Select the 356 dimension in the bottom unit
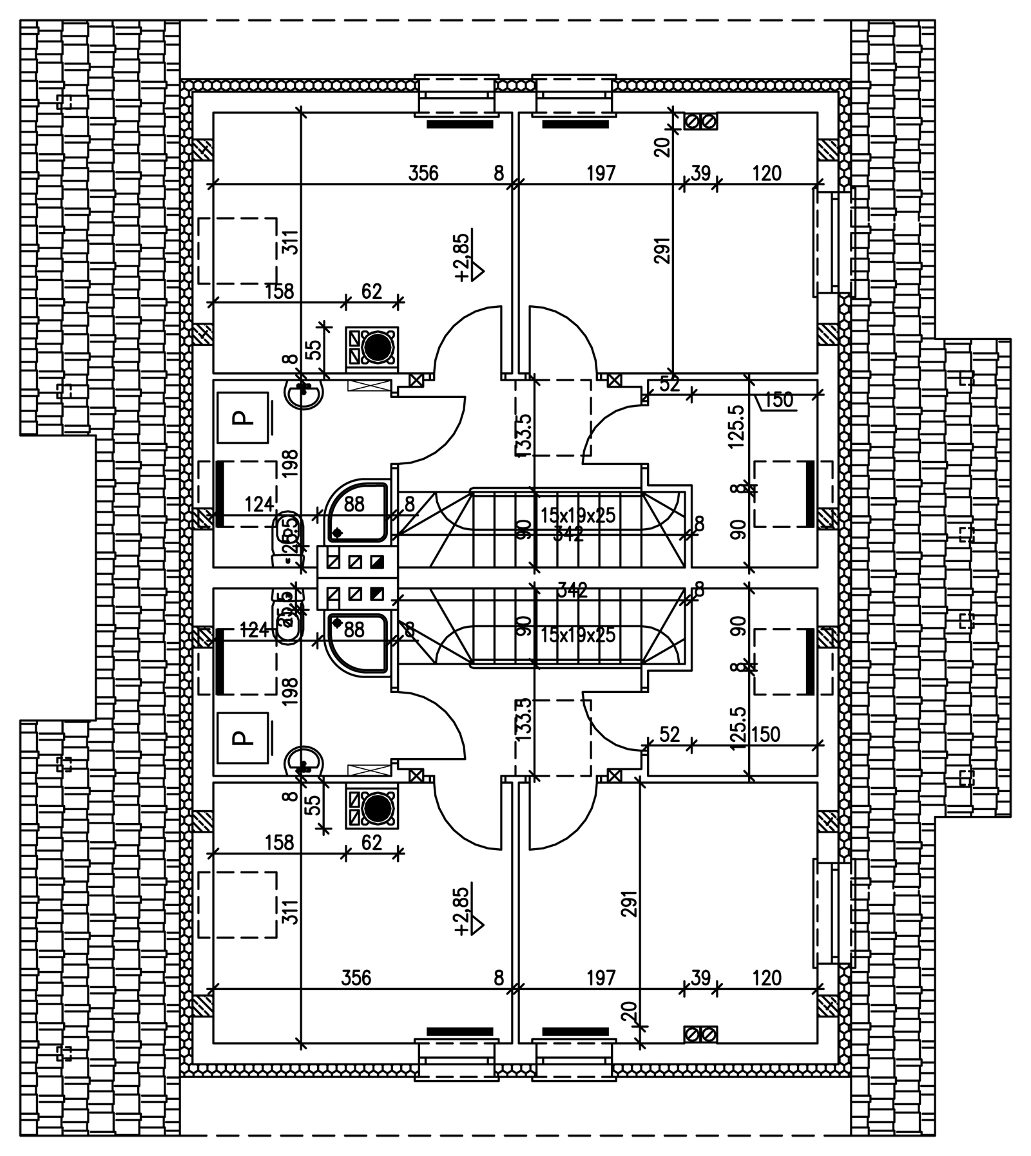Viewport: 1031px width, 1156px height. point(356,978)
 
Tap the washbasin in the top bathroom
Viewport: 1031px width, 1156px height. point(304,392)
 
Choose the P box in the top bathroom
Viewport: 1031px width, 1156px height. point(242,417)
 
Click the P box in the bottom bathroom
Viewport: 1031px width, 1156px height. point(242,737)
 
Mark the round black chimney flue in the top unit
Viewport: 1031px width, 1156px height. point(378,347)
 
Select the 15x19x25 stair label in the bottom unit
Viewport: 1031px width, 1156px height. point(578,636)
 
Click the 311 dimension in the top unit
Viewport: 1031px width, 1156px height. point(291,243)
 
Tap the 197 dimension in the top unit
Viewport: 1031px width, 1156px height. point(601,173)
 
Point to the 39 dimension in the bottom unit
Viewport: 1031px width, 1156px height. point(700,978)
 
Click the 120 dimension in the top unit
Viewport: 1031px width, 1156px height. point(766,173)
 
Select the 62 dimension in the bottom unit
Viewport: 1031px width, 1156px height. point(372,842)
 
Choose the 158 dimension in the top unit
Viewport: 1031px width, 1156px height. point(279,292)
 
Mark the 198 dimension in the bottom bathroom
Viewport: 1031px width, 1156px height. point(291,691)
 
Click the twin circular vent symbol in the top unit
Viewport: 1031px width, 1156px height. point(700,122)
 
